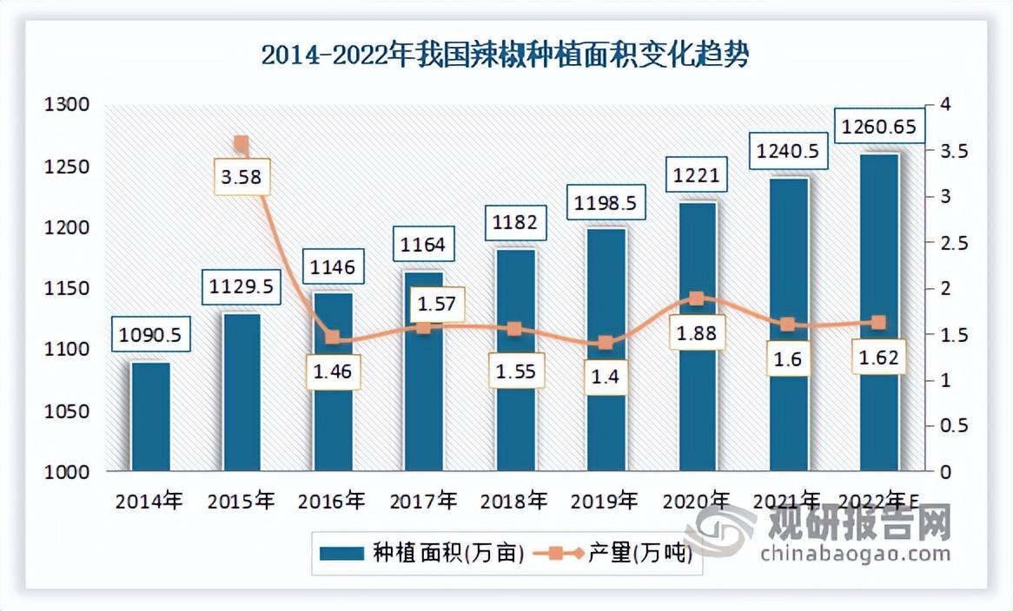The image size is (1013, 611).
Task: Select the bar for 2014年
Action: (x=150, y=417)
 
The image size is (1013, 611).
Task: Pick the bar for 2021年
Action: (x=788, y=325)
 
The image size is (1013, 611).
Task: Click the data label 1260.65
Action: (x=878, y=127)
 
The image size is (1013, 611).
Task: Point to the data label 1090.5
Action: (x=150, y=335)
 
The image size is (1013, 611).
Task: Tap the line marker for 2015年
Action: (x=242, y=144)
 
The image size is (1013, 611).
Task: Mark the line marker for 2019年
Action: (x=606, y=343)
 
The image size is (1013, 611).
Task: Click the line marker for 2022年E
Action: (x=878, y=323)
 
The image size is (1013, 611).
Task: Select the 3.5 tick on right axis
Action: (x=949, y=151)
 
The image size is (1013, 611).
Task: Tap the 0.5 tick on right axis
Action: (x=949, y=426)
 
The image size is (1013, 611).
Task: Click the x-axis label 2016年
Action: (x=332, y=501)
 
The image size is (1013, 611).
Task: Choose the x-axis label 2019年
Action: (x=606, y=501)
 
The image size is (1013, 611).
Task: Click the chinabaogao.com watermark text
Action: (x=855, y=554)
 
